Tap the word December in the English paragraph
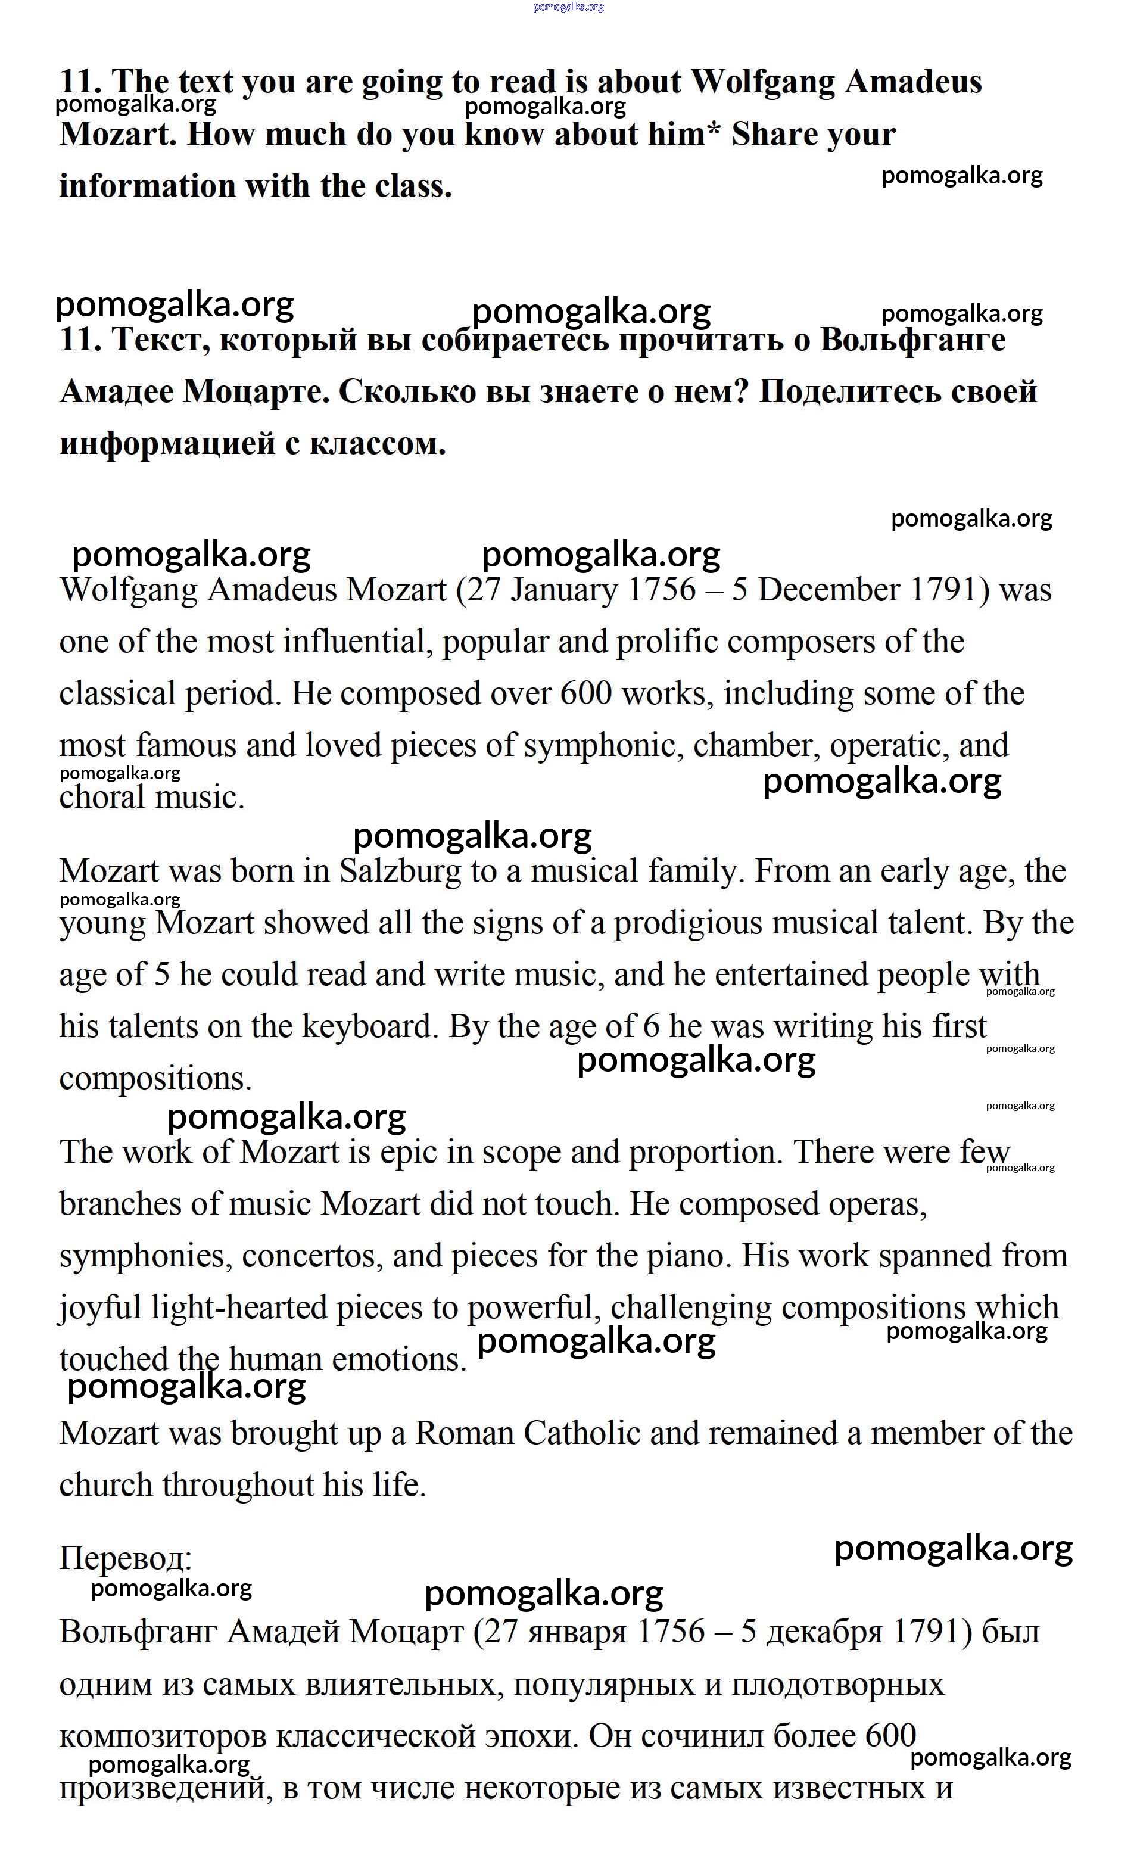coord(827,590)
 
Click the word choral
coord(101,798)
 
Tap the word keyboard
coord(369,1027)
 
